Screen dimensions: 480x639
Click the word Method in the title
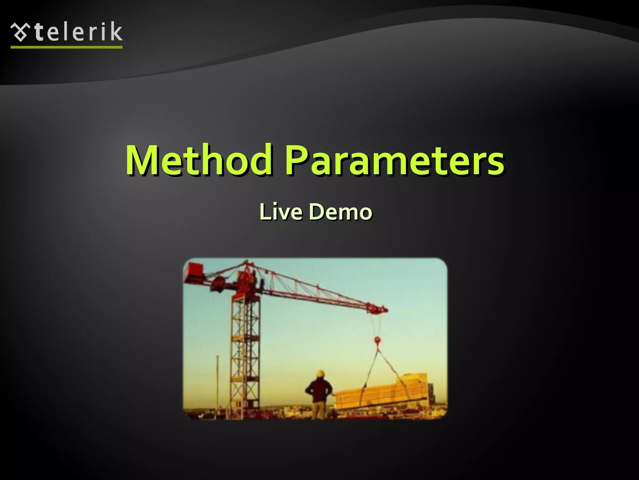coord(198,160)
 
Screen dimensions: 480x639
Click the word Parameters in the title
coord(394,160)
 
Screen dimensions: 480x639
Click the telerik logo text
coord(78,32)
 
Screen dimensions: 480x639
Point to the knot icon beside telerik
coord(21,32)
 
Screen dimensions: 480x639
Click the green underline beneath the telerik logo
coord(66,47)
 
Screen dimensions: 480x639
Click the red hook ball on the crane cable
coord(378,339)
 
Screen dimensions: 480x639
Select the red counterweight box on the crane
coord(193,270)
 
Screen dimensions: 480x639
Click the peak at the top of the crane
coord(247,262)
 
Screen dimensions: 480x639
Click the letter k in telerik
coord(116,32)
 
